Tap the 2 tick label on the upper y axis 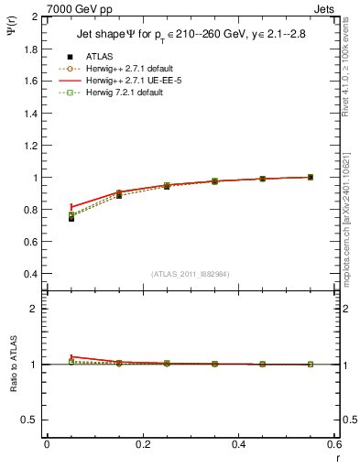pos(37,17)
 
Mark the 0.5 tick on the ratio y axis pos(31,420)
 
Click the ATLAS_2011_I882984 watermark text pos(190,274)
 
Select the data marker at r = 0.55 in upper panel pos(311,177)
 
